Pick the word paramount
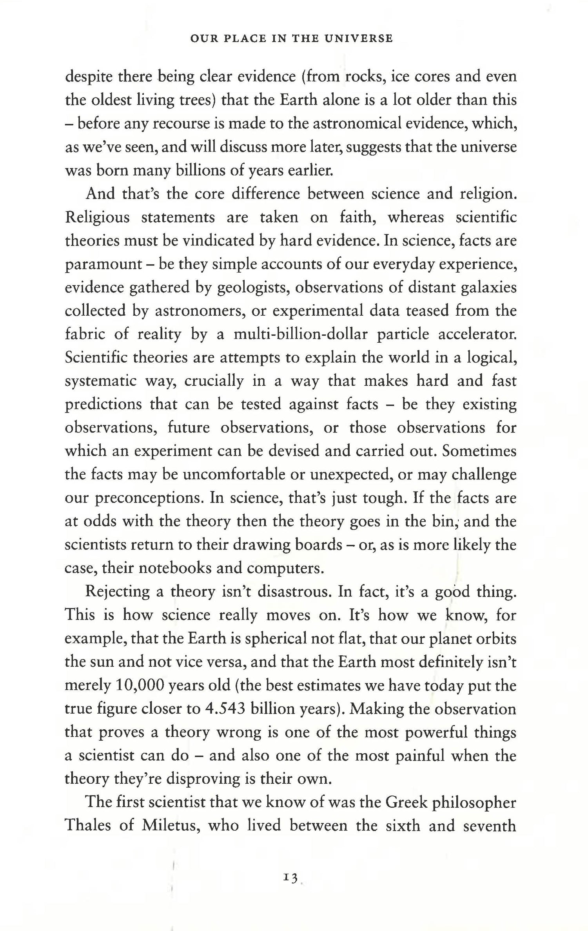pos(103,265)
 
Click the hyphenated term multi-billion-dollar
pos(300,334)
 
